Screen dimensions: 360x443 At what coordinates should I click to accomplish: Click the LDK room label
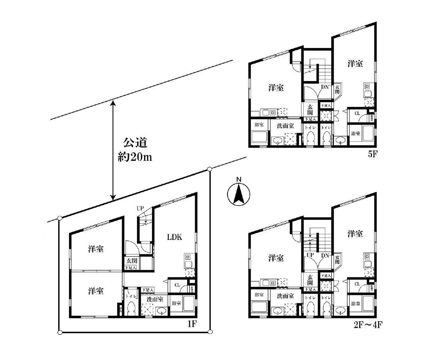pyautogui.click(x=174, y=237)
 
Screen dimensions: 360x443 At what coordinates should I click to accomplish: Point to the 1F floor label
pyautogui.click(x=192, y=324)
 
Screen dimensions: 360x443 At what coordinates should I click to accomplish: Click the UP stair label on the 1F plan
pyautogui.click(x=140, y=208)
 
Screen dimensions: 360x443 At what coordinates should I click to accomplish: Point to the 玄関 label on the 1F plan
pyautogui.click(x=131, y=261)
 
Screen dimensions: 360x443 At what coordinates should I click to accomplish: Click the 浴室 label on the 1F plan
pyautogui.click(x=176, y=303)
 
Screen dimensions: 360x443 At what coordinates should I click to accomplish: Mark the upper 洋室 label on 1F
pyautogui.click(x=96, y=249)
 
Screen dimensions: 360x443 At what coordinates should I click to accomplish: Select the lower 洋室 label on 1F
pyautogui.click(x=96, y=291)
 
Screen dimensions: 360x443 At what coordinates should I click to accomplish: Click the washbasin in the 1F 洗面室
pyautogui.click(x=162, y=311)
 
